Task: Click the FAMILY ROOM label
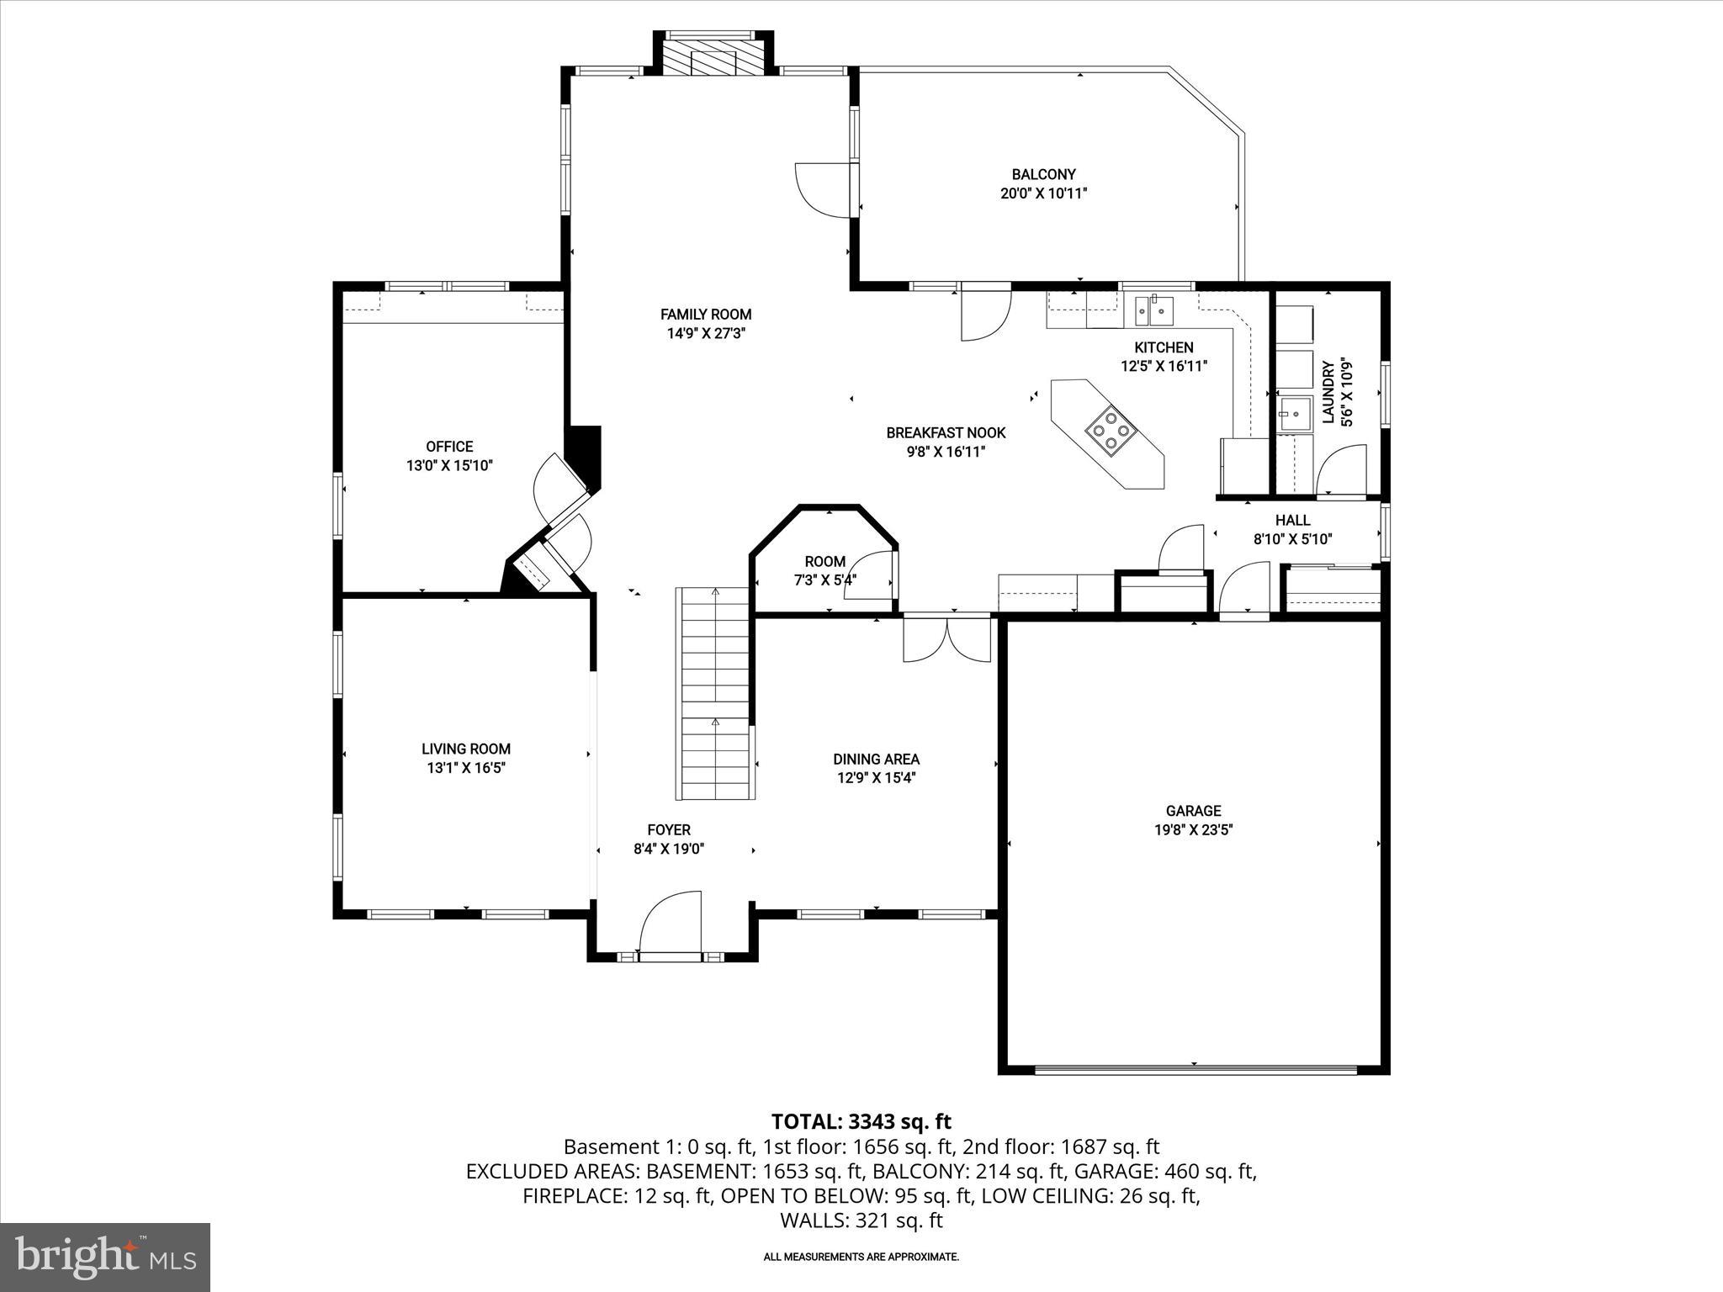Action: click(x=705, y=315)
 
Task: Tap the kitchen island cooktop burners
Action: click(x=1111, y=430)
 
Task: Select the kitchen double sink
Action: click(x=1150, y=310)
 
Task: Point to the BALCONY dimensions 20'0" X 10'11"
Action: click(x=1043, y=193)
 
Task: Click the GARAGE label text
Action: click(x=1193, y=811)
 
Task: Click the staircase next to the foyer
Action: click(x=714, y=693)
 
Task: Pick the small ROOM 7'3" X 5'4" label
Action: click(x=824, y=570)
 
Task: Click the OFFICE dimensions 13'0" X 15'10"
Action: click(x=449, y=465)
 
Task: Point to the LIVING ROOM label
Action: click(x=466, y=749)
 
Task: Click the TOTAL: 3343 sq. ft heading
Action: click(x=861, y=1121)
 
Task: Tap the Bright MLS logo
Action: click(x=105, y=1257)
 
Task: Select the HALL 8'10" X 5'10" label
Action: click(x=1292, y=530)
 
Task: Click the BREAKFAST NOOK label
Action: click(x=946, y=433)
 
